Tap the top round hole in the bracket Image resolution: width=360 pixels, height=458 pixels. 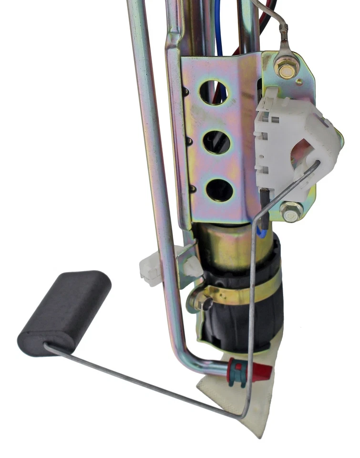tap(213, 92)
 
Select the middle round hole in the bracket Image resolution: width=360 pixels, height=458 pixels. tap(217, 142)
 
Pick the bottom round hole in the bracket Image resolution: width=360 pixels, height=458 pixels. tap(219, 189)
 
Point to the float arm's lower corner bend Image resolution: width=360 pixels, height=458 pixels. tap(243, 416)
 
